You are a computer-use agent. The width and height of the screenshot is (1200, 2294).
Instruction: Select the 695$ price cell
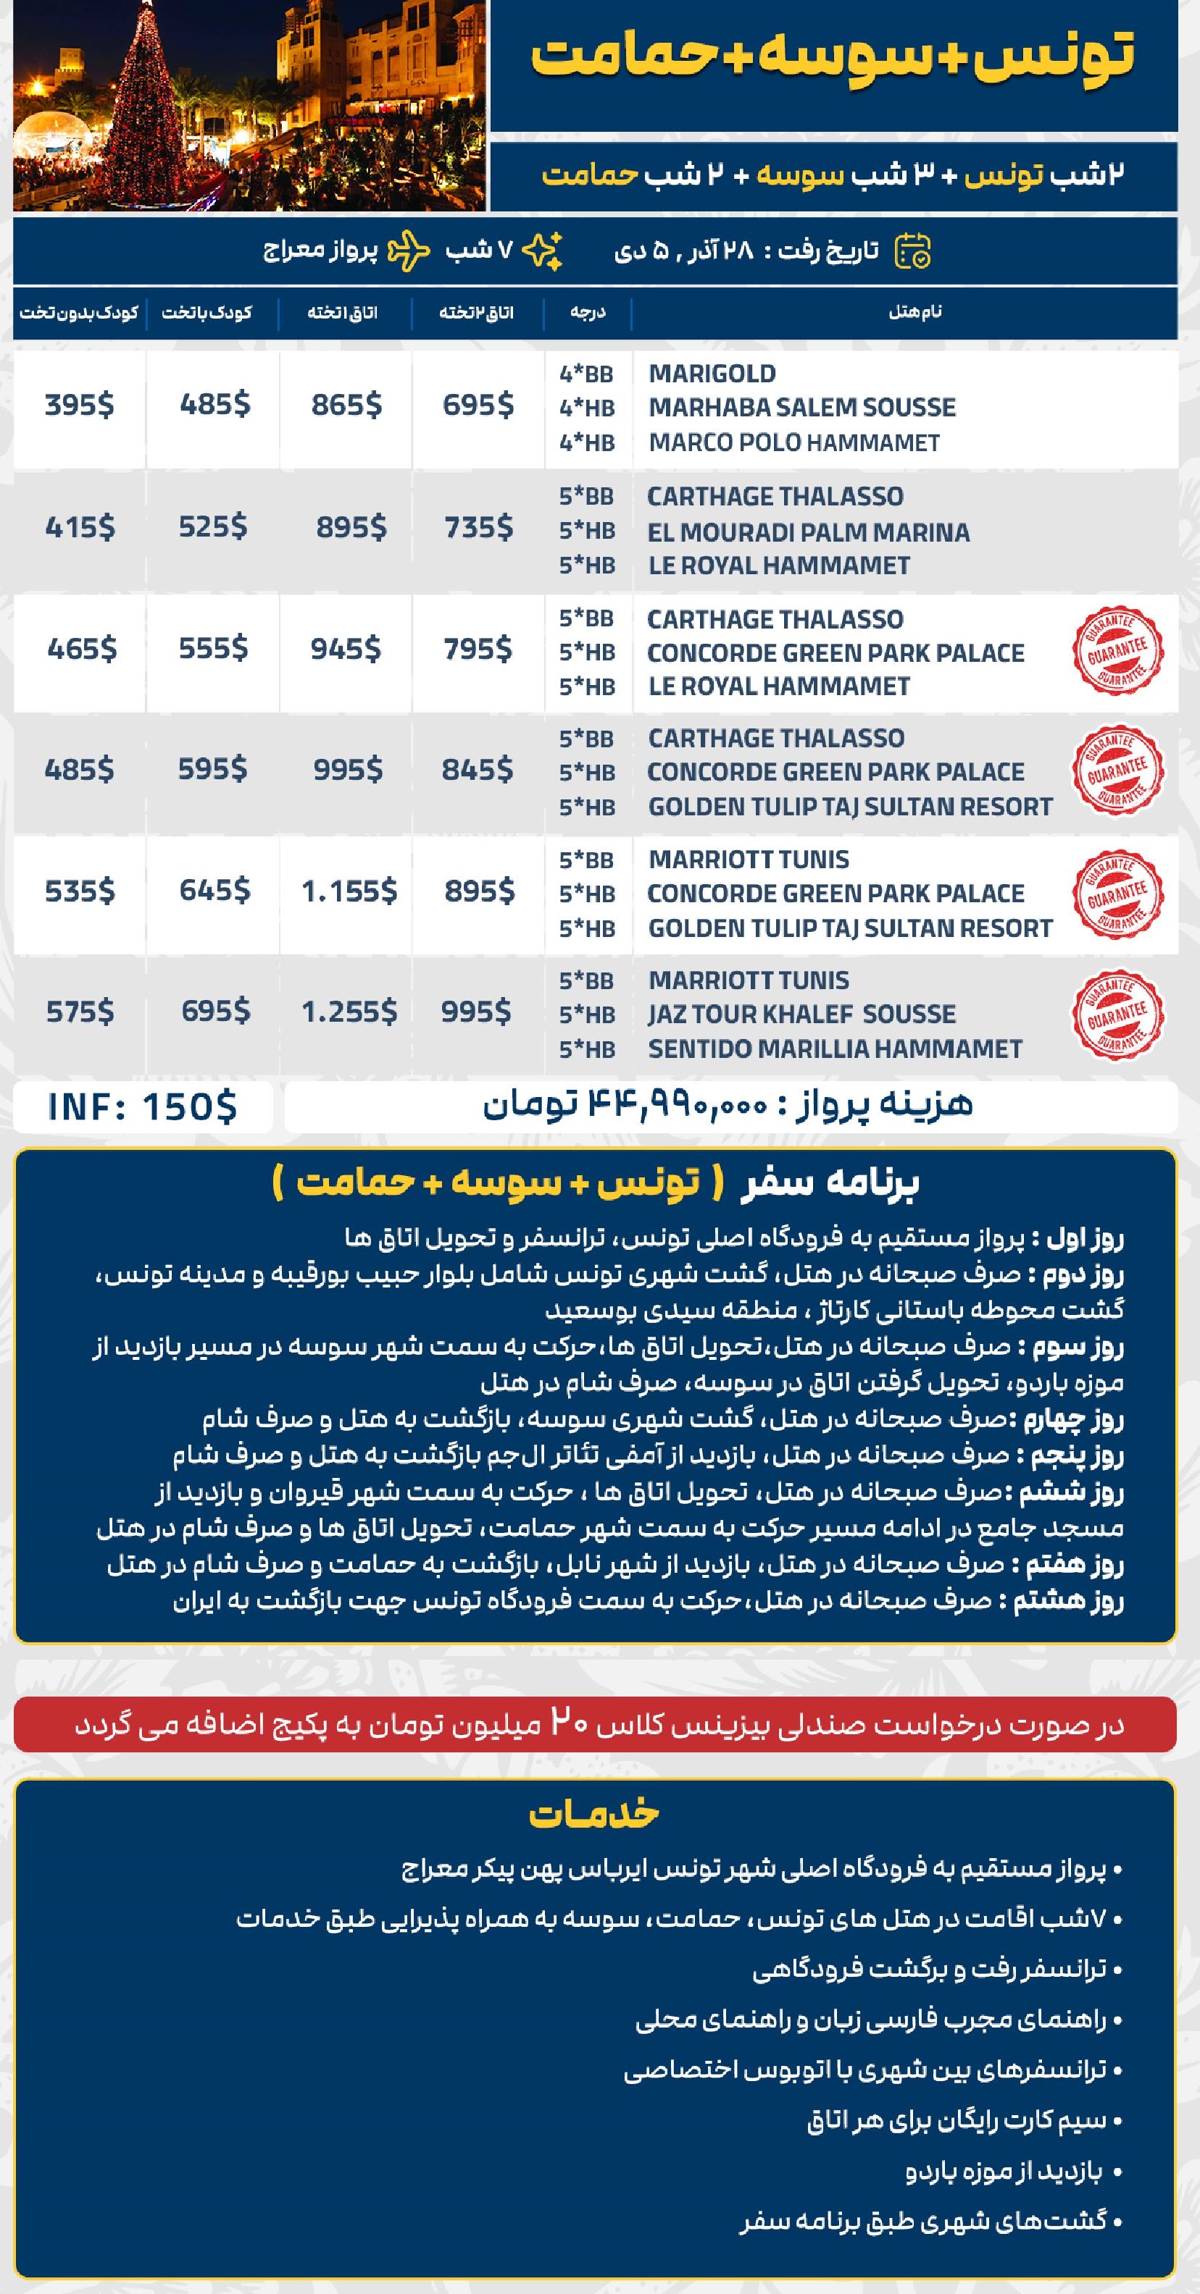[x=478, y=406]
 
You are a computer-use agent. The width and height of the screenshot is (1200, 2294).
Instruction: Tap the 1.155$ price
[x=349, y=891]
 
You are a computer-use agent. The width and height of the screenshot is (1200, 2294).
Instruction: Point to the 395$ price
[x=79, y=406]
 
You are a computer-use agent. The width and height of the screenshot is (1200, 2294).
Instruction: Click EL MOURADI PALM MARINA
[x=808, y=532]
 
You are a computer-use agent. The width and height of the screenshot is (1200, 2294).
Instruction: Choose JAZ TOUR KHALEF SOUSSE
[x=801, y=1014]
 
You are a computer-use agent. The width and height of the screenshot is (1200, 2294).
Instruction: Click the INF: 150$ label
[x=143, y=1106]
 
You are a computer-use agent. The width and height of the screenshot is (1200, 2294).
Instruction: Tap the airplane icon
[x=410, y=251]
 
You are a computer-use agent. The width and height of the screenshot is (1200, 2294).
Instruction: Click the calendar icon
[x=912, y=251]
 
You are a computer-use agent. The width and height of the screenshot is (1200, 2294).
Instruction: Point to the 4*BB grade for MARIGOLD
[x=586, y=374]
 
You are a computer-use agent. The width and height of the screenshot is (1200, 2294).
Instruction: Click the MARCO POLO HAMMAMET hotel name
[x=793, y=442]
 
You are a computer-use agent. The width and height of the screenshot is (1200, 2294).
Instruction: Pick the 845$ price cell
[x=478, y=770]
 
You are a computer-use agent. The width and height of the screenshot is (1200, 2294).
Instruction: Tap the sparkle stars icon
[x=541, y=251]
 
